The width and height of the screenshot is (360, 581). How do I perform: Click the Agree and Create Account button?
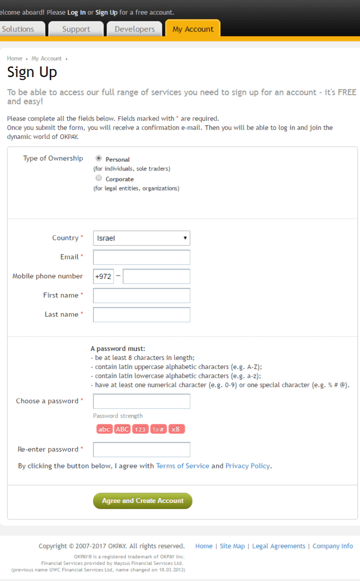pos(142,501)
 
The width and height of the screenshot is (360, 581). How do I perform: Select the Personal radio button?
pos(98,159)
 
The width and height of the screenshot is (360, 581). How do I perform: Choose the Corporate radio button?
pos(98,178)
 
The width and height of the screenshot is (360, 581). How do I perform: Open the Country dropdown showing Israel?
pos(141,238)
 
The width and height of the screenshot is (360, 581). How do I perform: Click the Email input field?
pos(141,257)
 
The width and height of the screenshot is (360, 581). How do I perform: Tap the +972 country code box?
pos(103,276)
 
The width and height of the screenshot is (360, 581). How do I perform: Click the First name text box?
pos(141,296)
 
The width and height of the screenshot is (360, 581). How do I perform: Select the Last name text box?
pos(141,315)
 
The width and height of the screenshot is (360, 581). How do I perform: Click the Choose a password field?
pos(141,402)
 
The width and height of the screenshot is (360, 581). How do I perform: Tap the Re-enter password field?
pos(141,450)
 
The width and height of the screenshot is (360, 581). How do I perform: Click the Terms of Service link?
pos(183,466)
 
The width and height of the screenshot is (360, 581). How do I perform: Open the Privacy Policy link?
pos(247,466)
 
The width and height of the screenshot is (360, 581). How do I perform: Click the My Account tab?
pos(193,29)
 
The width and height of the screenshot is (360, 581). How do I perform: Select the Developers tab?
pos(134,29)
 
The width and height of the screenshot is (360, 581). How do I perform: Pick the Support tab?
pos(76,29)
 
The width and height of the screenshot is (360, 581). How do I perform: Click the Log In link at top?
pos(77,12)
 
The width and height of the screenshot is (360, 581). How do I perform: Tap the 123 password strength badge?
pos(140,429)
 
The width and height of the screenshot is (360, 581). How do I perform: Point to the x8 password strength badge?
pos(176,429)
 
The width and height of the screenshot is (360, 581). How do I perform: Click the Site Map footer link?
pos(232,546)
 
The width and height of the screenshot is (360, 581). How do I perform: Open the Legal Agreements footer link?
pos(279,546)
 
